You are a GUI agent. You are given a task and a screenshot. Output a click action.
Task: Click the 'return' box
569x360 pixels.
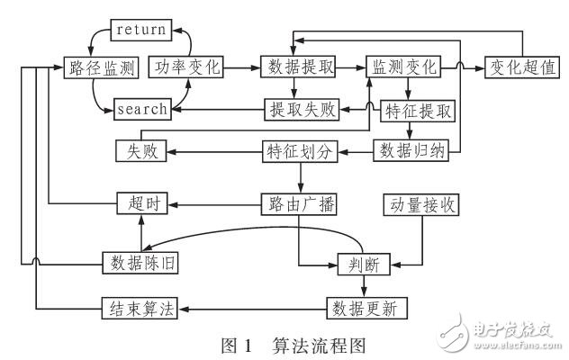[x=140, y=30]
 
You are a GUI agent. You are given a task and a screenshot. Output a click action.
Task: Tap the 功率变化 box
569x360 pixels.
[x=185, y=67]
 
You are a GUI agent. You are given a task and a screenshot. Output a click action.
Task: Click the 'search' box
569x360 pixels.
[x=141, y=109]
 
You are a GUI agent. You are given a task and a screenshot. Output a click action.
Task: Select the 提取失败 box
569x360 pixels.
[x=302, y=109]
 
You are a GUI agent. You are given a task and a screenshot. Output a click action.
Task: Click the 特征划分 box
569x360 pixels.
[x=301, y=151]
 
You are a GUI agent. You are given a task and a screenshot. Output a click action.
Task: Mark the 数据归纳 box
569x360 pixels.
[x=410, y=151]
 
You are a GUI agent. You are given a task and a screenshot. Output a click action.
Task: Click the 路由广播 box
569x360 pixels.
[x=301, y=204]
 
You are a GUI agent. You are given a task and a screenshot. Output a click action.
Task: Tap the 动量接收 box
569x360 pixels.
[x=420, y=204]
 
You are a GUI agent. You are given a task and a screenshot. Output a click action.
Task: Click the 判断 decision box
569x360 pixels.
[x=363, y=262]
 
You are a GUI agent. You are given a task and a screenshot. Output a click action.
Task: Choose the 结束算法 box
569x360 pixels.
[x=138, y=309]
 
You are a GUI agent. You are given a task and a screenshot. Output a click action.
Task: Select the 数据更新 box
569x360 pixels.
[x=366, y=309]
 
